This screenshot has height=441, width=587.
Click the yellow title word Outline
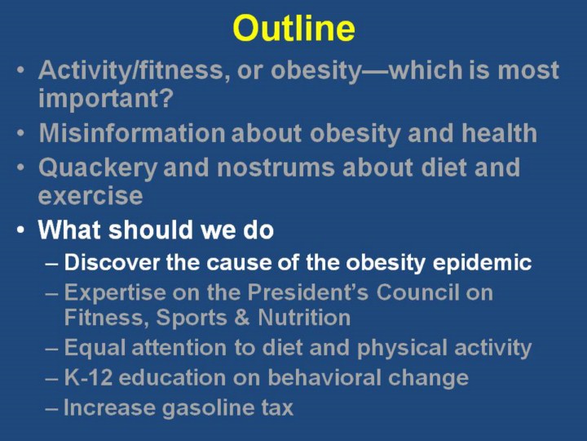[293, 28]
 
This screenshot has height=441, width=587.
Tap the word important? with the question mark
[106, 98]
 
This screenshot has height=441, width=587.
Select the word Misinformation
[132, 133]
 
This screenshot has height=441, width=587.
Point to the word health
[499, 133]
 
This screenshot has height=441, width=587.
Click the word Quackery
[98, 167]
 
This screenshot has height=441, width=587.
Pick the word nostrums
[276, 167]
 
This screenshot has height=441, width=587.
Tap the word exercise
[90, 196]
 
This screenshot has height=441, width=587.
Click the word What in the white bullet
[70, 229]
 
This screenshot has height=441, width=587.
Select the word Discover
[112, 262]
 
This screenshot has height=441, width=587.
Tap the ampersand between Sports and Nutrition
[242, 318]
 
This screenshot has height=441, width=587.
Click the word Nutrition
[304, 318]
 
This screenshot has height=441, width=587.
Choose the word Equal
[95, 348]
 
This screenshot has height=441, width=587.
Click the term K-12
[88, 377]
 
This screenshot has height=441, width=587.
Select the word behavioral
[324, 377]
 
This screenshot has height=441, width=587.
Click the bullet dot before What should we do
[21, 229]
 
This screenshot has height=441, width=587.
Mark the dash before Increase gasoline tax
[51, 408]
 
